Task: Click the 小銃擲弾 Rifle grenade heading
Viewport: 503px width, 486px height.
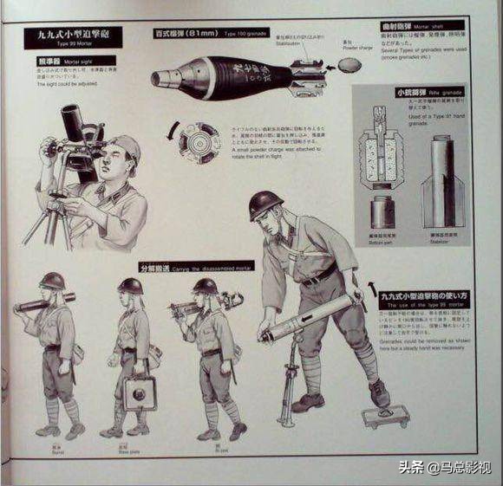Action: coord(415,92)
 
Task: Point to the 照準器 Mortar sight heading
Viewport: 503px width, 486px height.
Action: coord(62,63)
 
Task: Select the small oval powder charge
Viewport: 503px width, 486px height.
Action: coord(350,66)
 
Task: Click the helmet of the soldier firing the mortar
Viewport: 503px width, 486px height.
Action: coord(265,204)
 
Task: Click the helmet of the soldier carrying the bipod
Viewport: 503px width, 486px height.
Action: coord(205,286)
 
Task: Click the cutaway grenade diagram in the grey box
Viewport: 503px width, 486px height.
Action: coord(382,152)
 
